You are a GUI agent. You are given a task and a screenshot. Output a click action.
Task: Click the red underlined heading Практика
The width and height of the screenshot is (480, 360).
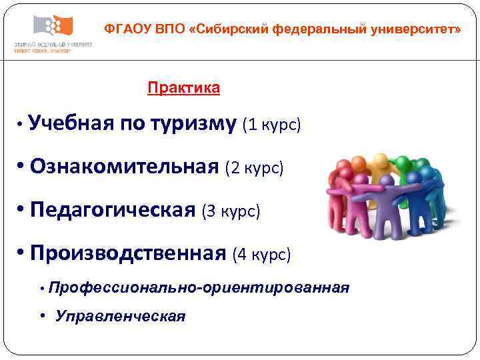183,88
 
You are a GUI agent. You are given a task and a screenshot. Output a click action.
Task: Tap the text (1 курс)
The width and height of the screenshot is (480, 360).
273,125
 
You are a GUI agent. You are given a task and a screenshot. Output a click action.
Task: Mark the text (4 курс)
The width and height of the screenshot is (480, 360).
261,255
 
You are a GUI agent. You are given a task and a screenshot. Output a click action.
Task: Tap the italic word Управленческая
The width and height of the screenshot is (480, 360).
121,316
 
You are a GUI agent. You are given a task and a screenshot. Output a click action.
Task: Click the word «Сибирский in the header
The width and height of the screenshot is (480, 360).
231,30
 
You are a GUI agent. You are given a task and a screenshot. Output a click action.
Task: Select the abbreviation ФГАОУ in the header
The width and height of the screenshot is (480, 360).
128,30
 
